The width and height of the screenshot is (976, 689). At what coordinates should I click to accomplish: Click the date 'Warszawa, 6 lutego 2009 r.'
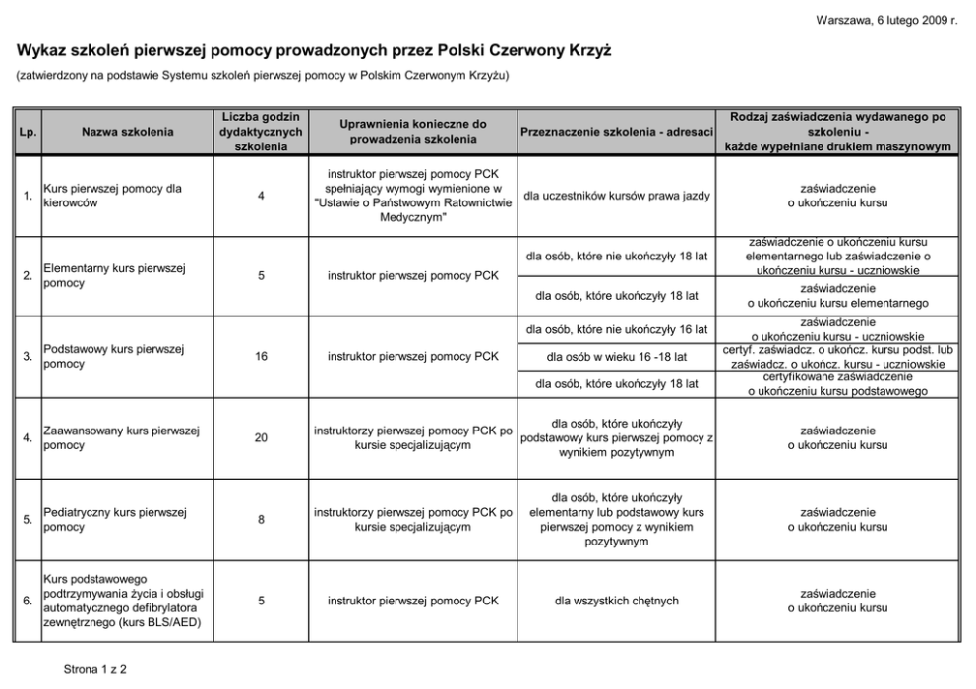(886, 21)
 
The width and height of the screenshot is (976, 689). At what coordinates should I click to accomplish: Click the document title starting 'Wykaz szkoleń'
(314, 50)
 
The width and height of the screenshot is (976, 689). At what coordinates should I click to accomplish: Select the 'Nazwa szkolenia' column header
(128, 132)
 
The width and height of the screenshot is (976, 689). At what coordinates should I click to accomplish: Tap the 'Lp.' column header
(28, 132)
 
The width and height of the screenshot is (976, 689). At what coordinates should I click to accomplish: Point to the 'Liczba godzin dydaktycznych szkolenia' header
(261, 132)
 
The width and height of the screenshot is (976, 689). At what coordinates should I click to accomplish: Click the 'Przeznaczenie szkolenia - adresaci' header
(616, 132)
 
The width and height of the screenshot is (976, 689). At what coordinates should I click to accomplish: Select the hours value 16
(261, 357)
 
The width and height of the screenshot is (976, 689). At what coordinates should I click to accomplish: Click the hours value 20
(261, 438)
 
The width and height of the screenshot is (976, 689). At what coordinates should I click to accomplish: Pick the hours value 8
(261, 520)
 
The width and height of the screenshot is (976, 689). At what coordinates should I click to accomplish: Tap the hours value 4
(261, 196)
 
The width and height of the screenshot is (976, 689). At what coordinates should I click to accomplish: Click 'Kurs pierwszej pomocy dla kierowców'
(113, 196)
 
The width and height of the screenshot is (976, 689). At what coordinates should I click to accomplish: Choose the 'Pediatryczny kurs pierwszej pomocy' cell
(117, 520)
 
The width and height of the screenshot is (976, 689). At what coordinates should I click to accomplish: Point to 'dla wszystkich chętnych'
(616, 601)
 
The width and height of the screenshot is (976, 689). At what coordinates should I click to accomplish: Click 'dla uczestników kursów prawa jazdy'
(616, 196)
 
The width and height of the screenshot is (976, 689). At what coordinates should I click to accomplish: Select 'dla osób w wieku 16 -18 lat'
(616, 356)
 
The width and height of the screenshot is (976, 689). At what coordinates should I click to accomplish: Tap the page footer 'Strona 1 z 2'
(95, 670)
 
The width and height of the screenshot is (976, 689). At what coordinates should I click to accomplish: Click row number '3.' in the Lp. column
(28, 357)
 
